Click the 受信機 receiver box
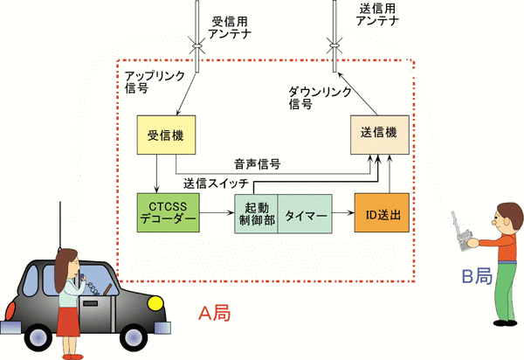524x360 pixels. pyautogui.click(x=165, y=137)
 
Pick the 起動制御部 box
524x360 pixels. pyautogui.click(x=255, y=212)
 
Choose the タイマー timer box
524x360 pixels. pyautogui.click(x=305, y=212)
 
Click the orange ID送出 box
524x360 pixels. pyautogui.click(x=382, y=212)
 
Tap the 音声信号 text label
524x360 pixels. pyautogui.click(x=256, y=163)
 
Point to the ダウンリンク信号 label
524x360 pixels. pyautogui.click(x=320, y=97)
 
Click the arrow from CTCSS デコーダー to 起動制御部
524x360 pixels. pyautogui.click(x=217, y=212)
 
